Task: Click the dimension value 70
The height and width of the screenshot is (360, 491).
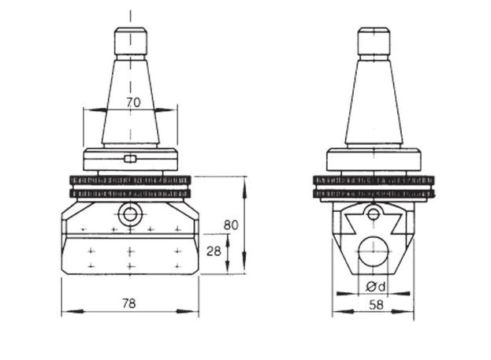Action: pyautogui.click(x=134, y=102)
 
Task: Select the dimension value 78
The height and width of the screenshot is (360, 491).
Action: pyautogui.click(x=129, y=303)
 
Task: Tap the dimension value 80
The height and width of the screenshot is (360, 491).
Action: pyautogui.click(x=231, y=225)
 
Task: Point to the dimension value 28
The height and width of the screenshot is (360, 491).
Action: pyautogui.click(x=214, y=251)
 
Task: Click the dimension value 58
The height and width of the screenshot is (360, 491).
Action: pyautogui.click(x=376, y=305)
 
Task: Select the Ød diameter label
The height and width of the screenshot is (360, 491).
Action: pyautogui.click(x=375, y=286)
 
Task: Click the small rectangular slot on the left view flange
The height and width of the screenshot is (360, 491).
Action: pyautogui.click(x=130, y=159)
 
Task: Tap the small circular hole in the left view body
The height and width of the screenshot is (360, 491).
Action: pyautogui.click(x=130, y=215)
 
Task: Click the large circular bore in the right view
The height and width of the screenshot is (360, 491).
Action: pyautogui.click(x=374, y=251)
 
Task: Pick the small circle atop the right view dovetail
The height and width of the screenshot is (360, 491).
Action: pyautogui.click(x=373, y=215)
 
